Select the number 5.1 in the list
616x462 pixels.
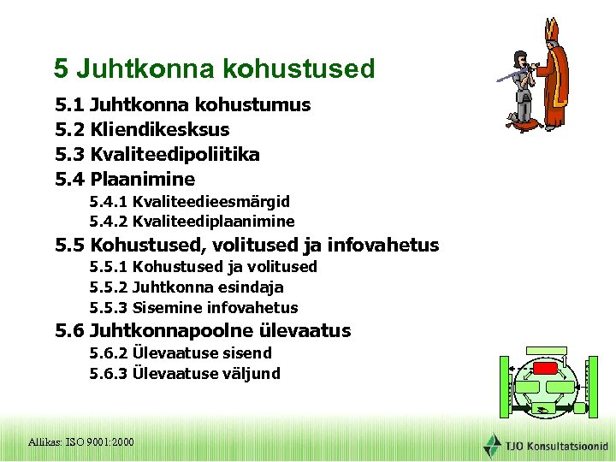[69, 105]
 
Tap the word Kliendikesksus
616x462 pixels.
[159, 130]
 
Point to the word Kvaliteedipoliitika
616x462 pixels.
[175, 155]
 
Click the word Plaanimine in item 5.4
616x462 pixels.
[142, 180]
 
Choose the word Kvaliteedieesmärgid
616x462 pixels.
[210, 202]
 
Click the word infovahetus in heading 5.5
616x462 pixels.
[383, 246]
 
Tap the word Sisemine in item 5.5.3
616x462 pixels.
[163, 308]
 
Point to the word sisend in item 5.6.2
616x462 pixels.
[246, 353]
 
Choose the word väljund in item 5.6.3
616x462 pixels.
[251, 374]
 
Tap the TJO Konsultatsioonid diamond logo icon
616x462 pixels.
[493, 445]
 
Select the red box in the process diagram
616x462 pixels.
[544, 369]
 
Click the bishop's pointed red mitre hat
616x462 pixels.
[552, 30]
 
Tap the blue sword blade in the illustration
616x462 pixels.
[506, 75]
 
